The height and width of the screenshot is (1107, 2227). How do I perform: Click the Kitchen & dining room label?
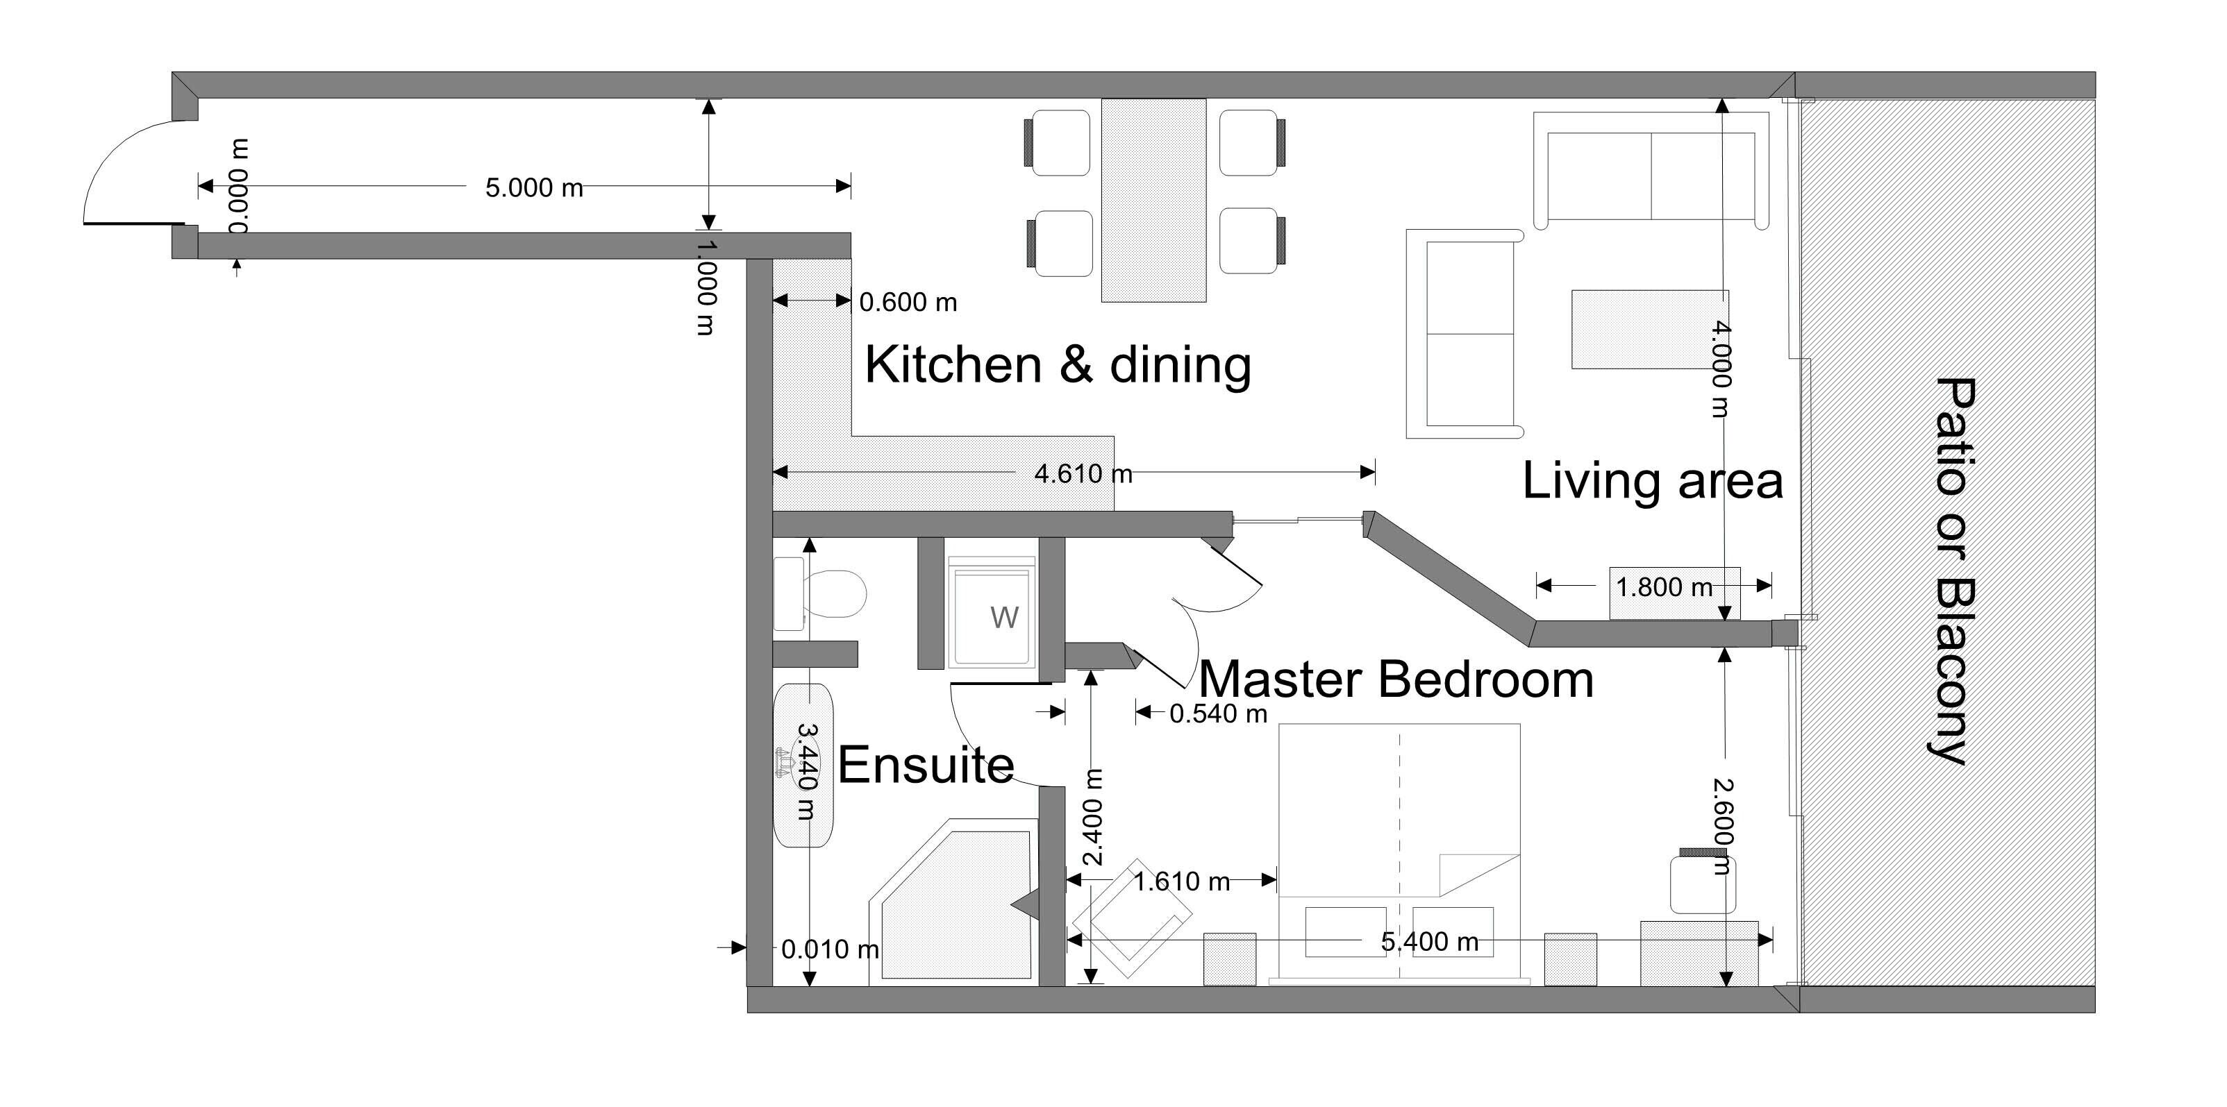point(1058,364)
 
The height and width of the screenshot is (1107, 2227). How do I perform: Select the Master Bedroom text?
point(1395,679)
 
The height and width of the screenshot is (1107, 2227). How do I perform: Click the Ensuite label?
point(925,765)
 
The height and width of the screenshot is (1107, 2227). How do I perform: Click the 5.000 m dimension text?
point(533,187)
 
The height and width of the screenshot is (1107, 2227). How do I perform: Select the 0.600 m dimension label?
point(908,303)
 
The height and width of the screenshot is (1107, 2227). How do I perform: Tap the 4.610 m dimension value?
point(1083,473)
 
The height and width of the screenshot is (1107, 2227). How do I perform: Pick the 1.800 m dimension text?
point(1663,588)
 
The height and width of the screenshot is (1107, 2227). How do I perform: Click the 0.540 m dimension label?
point(1217,713)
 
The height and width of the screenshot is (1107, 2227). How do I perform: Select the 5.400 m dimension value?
point(1428,941)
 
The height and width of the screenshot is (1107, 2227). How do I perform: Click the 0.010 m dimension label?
point(829,949)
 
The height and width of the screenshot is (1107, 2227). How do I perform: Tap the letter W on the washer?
point(1003,617)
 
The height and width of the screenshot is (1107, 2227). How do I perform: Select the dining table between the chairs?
point(1153,201)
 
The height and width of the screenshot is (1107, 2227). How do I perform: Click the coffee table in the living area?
point(1638,329)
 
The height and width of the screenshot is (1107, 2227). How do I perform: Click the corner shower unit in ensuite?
point(951,903)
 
